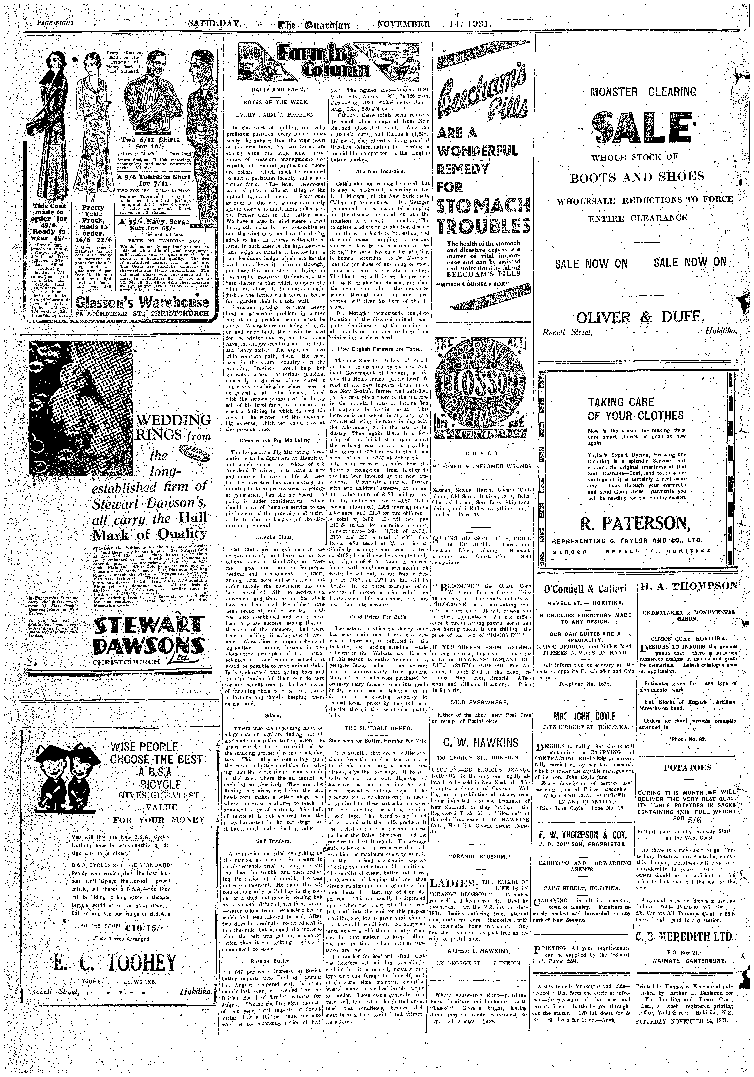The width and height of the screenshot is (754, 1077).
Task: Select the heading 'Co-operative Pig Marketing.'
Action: click(x=275, y=440)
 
